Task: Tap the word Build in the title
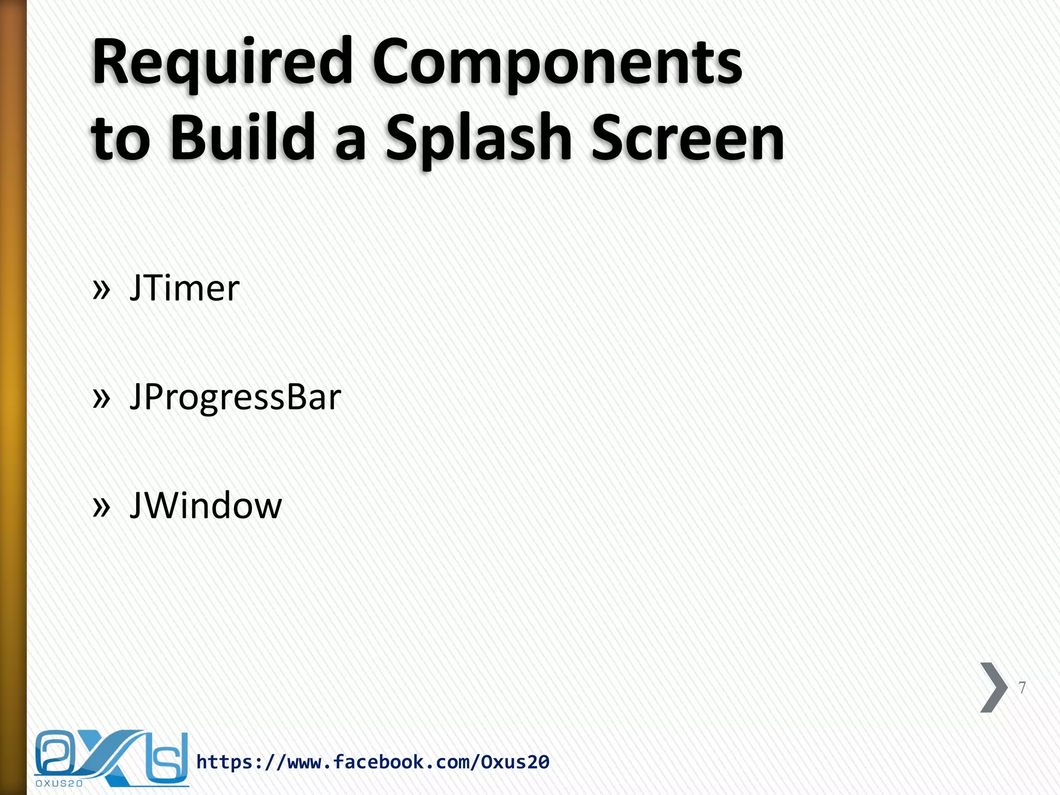tap(242, 138)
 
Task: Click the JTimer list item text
tap(184, 288)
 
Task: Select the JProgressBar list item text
tap(235, 397)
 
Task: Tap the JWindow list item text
tap(205, 506)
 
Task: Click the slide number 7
tap(1022, 688)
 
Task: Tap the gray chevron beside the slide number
tap(993, 687)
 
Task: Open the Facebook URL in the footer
tap(373, 762)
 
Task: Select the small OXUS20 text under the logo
tap(59, 784)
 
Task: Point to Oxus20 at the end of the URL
tap(515, 762)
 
